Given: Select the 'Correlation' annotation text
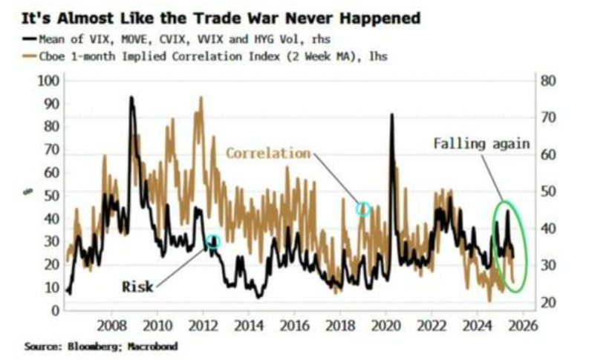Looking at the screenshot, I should click(x=268, y=154).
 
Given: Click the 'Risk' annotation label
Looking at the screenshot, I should click(x=137, y=287).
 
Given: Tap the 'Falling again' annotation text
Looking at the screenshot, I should click(x=481, y=143).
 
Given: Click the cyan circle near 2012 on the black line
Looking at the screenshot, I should click(x=213, y=241).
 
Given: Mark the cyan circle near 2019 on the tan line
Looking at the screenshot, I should click(x=363, y=209).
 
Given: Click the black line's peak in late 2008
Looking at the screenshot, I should click(x=131, y=98).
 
